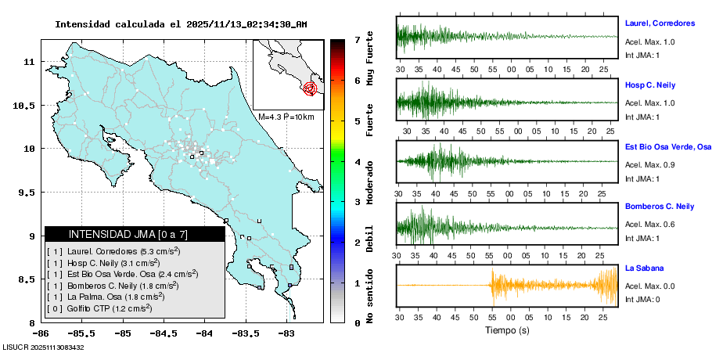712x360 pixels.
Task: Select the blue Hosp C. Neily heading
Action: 649,85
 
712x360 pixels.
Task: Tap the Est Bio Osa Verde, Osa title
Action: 667,146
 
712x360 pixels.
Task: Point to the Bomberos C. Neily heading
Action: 660,207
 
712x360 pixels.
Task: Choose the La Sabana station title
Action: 644,268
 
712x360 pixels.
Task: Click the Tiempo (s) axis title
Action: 508,331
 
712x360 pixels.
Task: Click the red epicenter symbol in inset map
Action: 311,88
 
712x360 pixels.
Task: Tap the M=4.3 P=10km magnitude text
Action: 286,117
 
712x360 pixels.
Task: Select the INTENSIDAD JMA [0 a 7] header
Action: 128,234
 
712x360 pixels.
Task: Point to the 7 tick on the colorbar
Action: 357,39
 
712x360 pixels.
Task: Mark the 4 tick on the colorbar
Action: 357,162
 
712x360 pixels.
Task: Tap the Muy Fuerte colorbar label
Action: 370,62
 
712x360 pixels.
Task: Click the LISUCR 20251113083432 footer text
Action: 44,347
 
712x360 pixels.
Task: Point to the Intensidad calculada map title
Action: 181,24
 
